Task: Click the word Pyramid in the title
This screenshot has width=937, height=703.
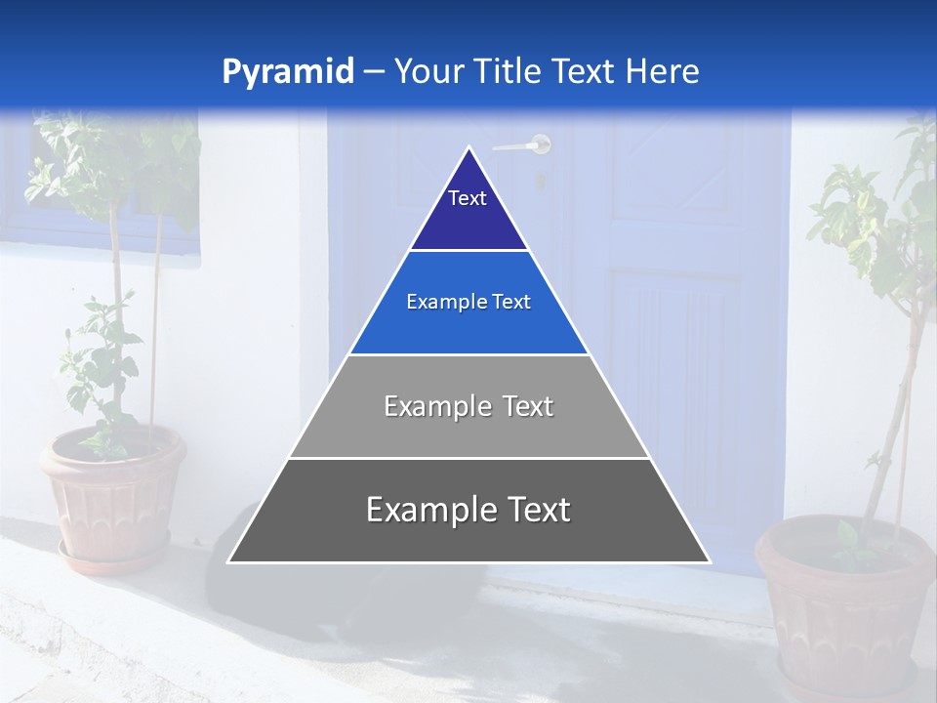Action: point(287,72)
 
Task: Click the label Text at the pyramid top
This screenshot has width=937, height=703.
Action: point(468,198)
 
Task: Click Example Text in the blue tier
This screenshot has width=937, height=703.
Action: point(468,303)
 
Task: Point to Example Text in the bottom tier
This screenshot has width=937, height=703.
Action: point(468,510)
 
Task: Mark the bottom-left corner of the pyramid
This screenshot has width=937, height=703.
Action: point(229,561)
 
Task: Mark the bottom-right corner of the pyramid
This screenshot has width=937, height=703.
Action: point(710,561)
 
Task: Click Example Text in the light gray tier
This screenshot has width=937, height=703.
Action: point(468,406)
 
